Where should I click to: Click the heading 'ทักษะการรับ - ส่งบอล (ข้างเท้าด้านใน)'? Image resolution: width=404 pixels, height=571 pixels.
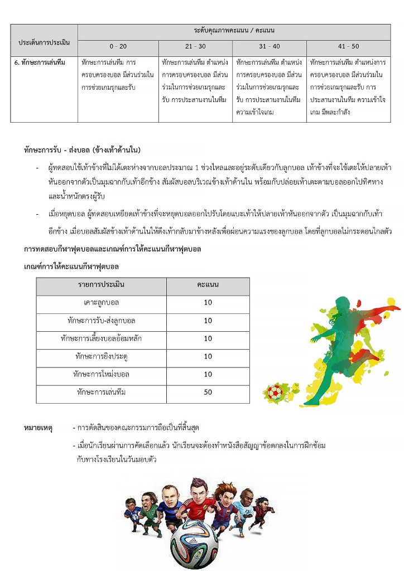tap(82, 150)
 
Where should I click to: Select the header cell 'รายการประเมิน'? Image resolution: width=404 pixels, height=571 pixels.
tap(101, 285)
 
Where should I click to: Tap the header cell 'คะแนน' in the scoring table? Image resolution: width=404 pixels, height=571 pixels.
tap(208, 285)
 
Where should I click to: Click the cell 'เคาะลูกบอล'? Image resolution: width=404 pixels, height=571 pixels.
tap(101, 303)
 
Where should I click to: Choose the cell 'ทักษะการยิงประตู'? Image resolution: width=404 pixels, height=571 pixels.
tap(101, 356)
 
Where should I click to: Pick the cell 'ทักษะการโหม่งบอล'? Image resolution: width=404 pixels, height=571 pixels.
tap(101, 374)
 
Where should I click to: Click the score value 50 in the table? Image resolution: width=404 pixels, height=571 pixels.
tap(208, 393)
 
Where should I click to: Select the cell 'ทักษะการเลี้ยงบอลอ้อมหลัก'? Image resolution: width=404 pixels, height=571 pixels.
tap(101, 338)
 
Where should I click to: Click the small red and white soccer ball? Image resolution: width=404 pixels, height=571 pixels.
tap(275, 392)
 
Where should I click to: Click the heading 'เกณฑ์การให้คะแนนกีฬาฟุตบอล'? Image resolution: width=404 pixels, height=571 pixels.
tap(71, 266)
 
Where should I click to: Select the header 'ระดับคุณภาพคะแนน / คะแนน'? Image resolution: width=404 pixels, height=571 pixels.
tap(234, 30)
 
